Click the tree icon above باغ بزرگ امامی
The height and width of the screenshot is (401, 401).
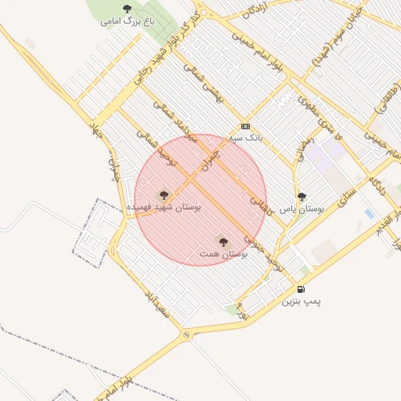[x=128, y=9]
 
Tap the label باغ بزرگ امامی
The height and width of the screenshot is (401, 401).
[x=127, y=21]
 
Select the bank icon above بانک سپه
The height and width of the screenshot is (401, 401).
[x=246, y=126]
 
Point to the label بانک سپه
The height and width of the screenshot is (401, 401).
[x=245, y=138]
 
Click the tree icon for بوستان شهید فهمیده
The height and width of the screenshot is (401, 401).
[x=164, y=195]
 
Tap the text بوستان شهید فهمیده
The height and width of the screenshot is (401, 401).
[x=164, y=207]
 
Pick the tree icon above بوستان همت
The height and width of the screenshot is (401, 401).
[x=223, y=243]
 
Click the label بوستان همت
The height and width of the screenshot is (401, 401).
[x=223, y=255]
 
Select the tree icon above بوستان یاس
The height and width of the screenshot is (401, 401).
[x=302, y=197]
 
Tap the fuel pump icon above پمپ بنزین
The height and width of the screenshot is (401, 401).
[x=302, y=289]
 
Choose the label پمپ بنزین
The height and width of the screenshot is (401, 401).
[x=302, y=301]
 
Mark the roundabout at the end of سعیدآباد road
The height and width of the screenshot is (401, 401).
[x=187, y=336]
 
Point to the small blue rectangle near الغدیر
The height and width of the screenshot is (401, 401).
[x=369, y=213]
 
